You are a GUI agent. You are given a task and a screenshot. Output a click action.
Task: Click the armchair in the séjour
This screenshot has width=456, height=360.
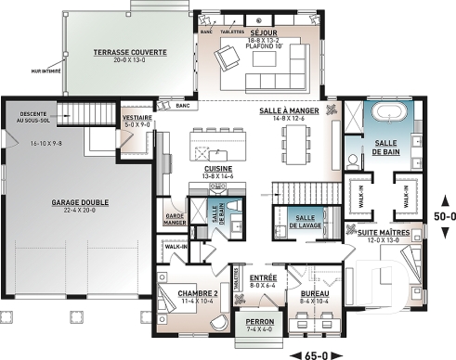point(226,60)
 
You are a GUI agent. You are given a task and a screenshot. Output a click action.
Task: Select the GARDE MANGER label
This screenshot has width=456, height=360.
point(174,219)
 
